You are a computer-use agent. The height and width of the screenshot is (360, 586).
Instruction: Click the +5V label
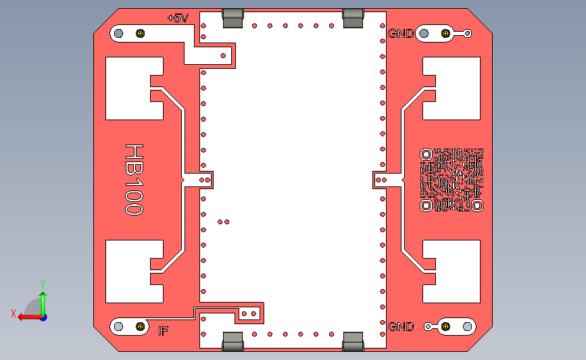point(178,18)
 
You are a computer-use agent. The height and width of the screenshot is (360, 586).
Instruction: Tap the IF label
point(163,331)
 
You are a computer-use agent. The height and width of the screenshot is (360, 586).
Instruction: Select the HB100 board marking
point(134,179)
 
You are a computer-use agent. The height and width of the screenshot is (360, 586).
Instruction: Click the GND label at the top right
point(401,33)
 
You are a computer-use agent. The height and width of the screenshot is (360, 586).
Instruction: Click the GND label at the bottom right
point(401,327)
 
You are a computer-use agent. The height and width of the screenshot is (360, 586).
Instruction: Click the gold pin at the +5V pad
point(141,33)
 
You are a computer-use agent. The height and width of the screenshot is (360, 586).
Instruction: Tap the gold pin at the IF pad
point(141,326)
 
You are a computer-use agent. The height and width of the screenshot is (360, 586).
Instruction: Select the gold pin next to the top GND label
point(445,33)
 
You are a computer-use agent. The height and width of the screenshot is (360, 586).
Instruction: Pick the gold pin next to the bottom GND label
point(445,326)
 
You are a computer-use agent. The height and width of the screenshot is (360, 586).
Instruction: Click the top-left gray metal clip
point(233,18)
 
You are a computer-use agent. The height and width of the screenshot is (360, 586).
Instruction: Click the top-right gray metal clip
point(353,18)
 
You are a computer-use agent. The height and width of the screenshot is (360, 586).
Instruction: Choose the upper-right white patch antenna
point(454,88)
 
